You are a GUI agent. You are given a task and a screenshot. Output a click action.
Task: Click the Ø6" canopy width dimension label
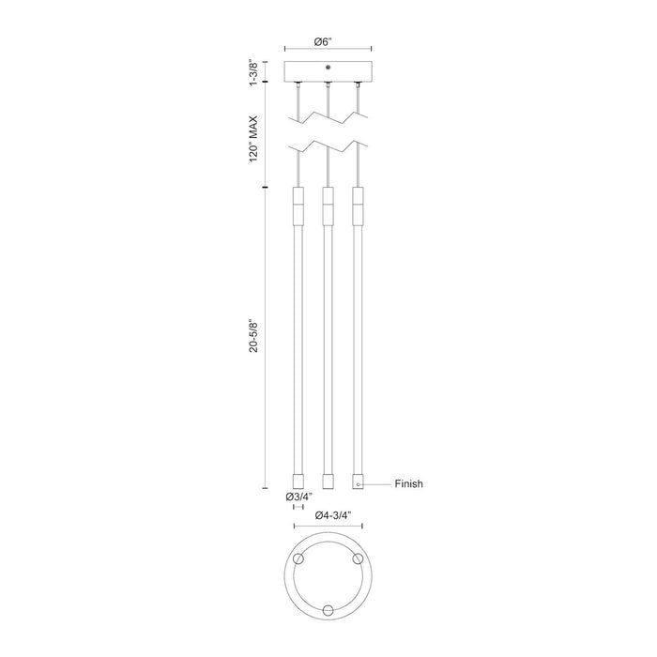(328, 41)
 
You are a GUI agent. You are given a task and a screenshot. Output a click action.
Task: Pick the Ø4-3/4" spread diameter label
(328, 514)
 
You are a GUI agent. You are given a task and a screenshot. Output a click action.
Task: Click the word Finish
(408, 484)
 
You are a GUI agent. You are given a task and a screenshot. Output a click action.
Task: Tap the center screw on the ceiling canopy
(328, 68)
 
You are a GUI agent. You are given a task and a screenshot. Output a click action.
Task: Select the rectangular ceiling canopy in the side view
(328, 72)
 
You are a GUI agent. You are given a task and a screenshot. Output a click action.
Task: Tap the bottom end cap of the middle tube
(328, 481)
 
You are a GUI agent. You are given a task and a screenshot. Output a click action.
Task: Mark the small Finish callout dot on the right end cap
(358, 484)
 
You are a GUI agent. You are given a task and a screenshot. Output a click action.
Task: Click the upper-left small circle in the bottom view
(300, 559)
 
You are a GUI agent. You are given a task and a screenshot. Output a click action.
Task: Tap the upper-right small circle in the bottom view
(356, 559)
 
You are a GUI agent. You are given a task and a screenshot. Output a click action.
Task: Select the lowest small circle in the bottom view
(328, 608)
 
